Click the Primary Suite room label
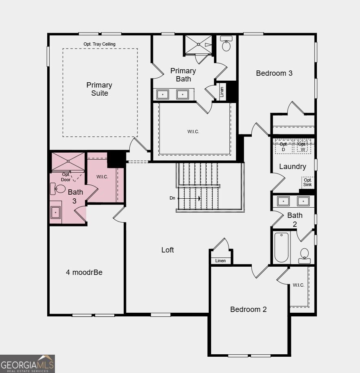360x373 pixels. (99, 89)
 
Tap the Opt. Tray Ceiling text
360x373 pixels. (100, 44)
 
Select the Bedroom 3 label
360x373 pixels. (274, 73)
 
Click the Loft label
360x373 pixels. (168, 250)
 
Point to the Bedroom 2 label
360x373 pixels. (248, 309)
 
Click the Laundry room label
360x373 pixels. (292, 167)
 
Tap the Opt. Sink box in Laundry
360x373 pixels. (308, 182)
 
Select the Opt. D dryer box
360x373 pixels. (284, 147)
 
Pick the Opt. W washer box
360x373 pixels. (302, 147)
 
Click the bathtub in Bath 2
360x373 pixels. (281, 247)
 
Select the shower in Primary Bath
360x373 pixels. (198, 45)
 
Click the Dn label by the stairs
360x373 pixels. (172, 198)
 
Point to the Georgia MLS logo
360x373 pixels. (27, 363)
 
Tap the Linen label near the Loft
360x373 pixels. (220, 261)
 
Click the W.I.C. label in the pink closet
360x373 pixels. (102, 177)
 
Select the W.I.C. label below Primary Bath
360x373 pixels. (193, 132)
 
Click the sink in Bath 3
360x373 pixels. (55, 212)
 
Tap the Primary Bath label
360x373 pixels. (183, 75)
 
